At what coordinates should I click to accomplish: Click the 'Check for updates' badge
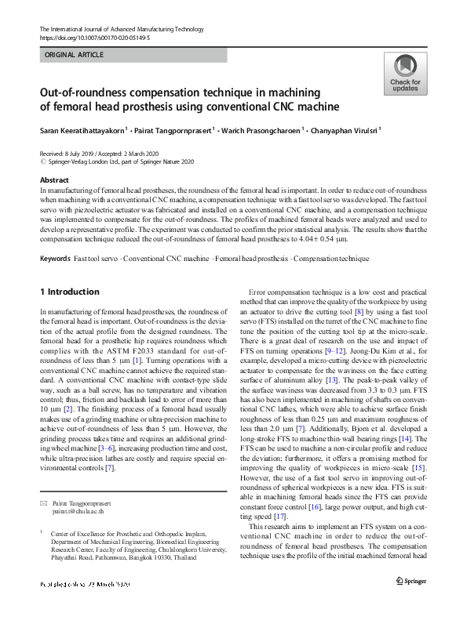click(x=405, y=75)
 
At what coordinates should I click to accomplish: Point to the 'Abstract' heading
click(x=53, y=180)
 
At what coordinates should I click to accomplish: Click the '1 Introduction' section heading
click(x=69, y=292)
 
